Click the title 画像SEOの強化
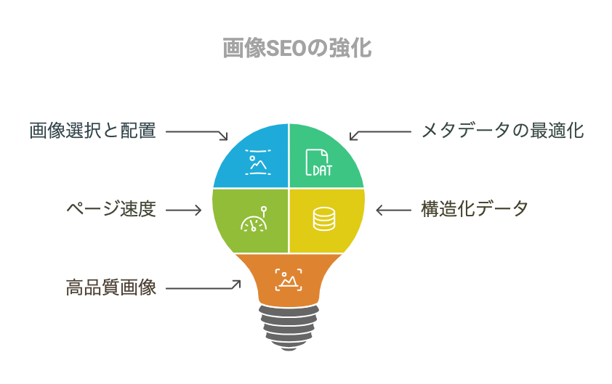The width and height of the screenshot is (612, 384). pos(297,48)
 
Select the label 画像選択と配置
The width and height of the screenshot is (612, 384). pos(93,131)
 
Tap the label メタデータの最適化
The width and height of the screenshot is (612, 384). pos(503,131)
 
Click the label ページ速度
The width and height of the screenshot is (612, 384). pos(111,209)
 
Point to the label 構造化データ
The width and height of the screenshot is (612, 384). pos(475,209)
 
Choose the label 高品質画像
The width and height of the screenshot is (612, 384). pos(111,287)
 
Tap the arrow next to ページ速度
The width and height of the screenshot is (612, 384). pos(183,211)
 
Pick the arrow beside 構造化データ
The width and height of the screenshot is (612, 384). pos(393,211)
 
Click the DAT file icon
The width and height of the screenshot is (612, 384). pos(318,162)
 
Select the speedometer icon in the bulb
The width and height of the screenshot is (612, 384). pos(254,219)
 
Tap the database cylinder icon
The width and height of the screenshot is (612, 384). pos(324,219)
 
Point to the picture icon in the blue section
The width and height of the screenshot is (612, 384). pos(258,162)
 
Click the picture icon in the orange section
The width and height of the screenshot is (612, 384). pos(289,279)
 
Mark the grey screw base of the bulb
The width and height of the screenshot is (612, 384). pos(289,327)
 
